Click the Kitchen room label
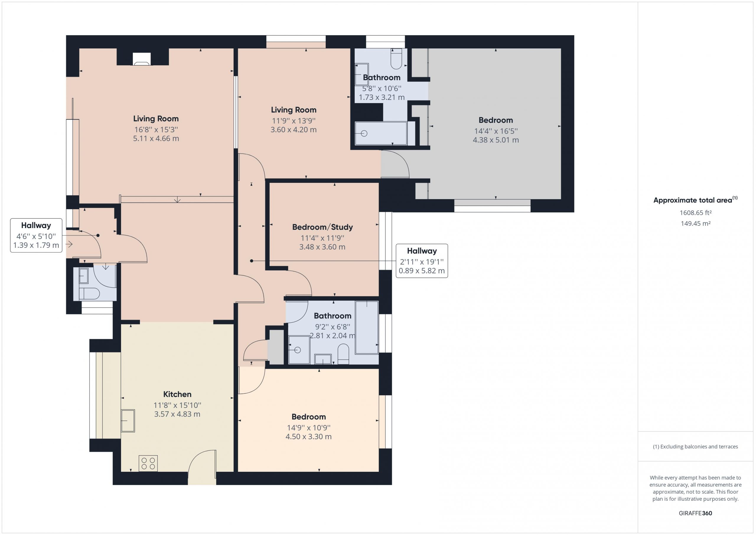pyautogui.click(x=177, y=394)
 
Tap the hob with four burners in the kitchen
pyautogui.click(x=148, y=463)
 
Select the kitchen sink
pyautogui.click(x=128, y=420)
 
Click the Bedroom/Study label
pyautogui.click(x=322, y=227)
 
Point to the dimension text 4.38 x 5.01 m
pyautogui.click(x=496, y=140)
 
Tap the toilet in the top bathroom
pyautogui.click(x=396, y=58)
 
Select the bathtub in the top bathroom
pyautogui.click(x=381, y=133)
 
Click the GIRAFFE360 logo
pyautogui.click(x=695, y=513)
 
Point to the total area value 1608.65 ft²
pyautogui.click(x=695, y=213)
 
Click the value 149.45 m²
pyautogui.click(x=695, y=223)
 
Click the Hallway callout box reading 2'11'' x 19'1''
pyautogui.click(x=421, y=261)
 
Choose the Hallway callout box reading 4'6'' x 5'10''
pyautogui.click(x=36, y=235)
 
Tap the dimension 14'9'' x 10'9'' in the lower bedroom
pyautogui.click(x=309, y=427)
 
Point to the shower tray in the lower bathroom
pyautogui.click(x=299, y=350)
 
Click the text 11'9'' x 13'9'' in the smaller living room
pyautogui.click(x=294, y=121)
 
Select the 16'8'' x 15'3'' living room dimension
pyautogui.click(x=156, y=129)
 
